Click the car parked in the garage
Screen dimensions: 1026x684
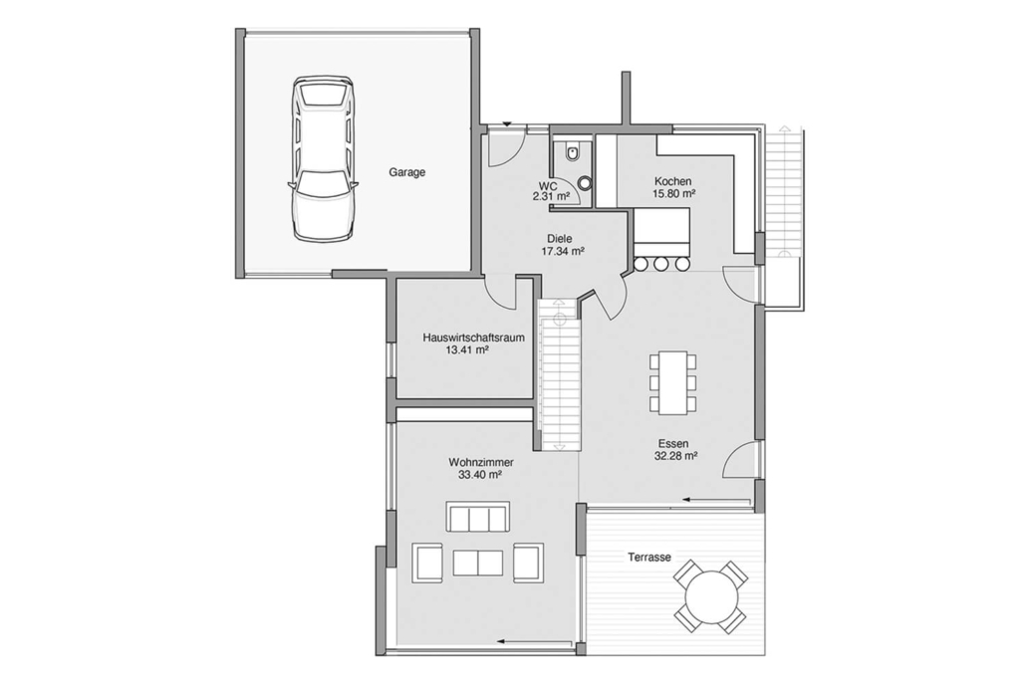point(324,158)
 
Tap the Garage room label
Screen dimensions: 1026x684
point(407,172)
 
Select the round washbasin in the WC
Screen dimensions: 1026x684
point(585,184)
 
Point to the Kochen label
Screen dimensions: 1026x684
point(672,181)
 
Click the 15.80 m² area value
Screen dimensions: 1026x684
point(673,193)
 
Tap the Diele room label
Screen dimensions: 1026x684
point(560,239)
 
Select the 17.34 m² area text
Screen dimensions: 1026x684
point(562,251)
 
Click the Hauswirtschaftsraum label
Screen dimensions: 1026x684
point(474,339)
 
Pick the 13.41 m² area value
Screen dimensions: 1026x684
point(467,349)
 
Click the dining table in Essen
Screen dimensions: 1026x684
point(673,382)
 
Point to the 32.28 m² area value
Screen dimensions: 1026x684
point(675,456)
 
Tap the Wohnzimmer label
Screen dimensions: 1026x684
point(481,462)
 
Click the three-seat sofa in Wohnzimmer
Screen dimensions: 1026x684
point(478,517)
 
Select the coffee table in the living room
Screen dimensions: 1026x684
point(478,563)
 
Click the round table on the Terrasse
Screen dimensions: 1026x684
point(710,595)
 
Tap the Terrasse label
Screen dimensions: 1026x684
point(649,558)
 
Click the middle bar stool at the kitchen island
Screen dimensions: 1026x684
point(660,264)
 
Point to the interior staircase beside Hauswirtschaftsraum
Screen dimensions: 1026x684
point(560,374)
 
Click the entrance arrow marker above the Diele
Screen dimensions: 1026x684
point(506,123)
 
